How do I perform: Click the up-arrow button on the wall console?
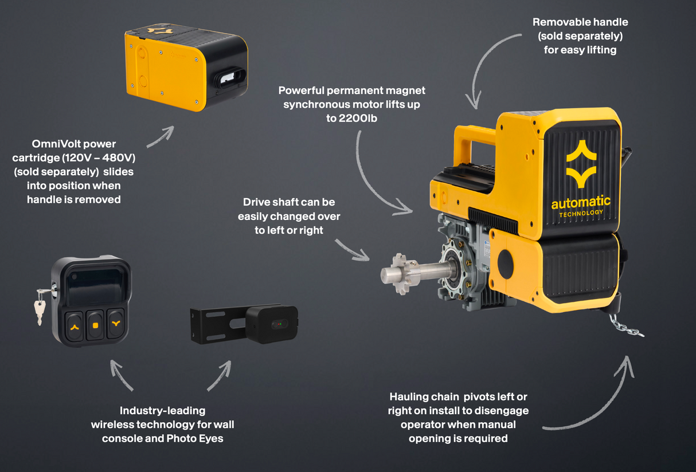[75, 327]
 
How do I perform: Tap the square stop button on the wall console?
[95, 325]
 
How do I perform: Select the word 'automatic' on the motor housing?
[580, 202]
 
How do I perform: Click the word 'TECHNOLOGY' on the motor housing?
[581, 214]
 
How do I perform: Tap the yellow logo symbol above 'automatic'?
[581, 164]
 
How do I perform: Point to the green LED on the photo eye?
[281, 324]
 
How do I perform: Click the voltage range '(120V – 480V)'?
[99, 158]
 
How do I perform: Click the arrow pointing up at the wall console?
[120, 374]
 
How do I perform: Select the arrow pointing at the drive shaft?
[353, 250]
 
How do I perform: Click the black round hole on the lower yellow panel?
[505, 264]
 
